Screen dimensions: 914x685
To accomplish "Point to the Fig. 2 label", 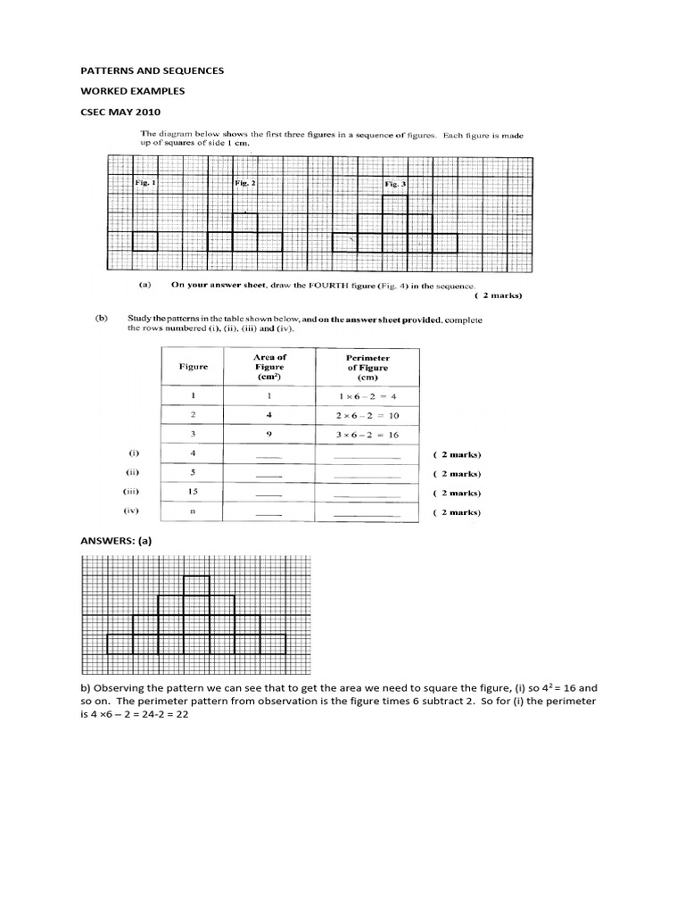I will click(x=244, y=183).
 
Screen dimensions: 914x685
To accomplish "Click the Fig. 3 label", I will click(x=394, y=183).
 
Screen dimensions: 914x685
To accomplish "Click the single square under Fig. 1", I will click(x=144, y=242).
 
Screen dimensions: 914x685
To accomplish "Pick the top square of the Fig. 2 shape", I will click(x=245, y=222).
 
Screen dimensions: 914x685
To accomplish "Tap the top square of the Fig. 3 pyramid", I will click(x=395, y=204).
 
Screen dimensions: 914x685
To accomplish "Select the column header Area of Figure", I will click(x=269, y=367).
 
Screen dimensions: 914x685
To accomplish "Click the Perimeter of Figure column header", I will click(x=367, y=367).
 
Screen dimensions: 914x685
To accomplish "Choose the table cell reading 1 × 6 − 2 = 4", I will click(x=367, y=395).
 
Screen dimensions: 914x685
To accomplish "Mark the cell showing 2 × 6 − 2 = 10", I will click(x=367, y=415).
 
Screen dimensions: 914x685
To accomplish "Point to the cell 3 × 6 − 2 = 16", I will click(x=367, y=435).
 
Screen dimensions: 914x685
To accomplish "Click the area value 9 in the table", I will click(x=268, y=435).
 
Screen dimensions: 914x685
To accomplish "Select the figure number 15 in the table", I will click(x=194, y=492).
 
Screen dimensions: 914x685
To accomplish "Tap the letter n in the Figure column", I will click(x=194, y=511).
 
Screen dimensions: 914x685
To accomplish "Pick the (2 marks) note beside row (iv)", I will click(x=457, y=512).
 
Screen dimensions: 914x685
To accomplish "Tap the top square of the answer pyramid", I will click(x=196, y=585).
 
